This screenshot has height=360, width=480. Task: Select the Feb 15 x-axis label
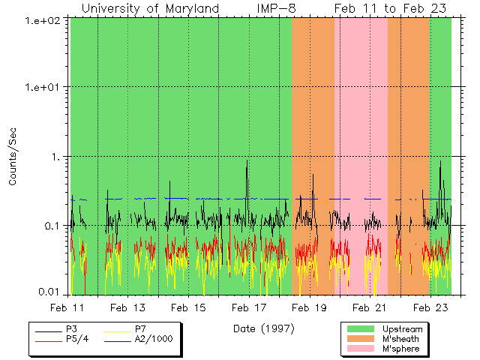click(188, 307)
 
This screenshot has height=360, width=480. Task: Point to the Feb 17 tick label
click(249, 307)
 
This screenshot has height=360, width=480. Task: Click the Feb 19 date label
click(309, 307)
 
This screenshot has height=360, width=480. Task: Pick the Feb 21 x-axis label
click(369, 307)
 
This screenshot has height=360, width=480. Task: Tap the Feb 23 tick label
click(430, 307)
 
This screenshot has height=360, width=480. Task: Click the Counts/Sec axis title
click(13, 157)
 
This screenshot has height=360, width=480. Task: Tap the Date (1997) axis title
click(263, 328)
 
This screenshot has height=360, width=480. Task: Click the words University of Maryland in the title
click(150, 8)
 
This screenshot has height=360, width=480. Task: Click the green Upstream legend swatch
click(361, 329)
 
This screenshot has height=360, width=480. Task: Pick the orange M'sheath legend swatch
click(361, 339)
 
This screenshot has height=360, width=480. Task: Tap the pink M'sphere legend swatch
click(361, 349)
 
